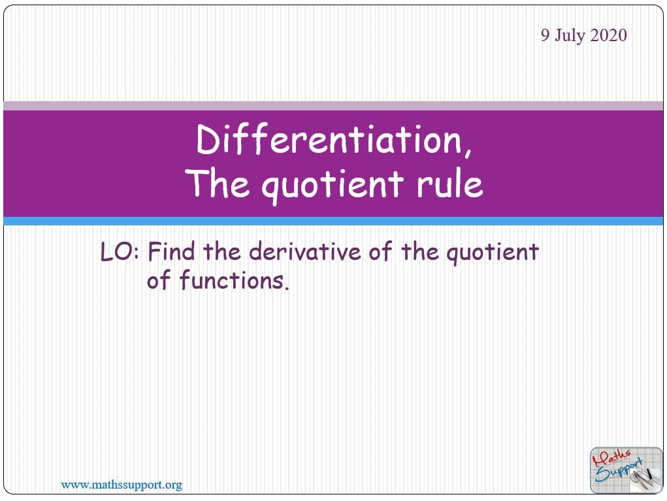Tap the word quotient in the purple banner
[333, 186]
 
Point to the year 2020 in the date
[608, 35]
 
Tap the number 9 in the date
[545, 35]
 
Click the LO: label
[120, 251]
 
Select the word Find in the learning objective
[172, 251]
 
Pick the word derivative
[304, 251]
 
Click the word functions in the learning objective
[231, 280]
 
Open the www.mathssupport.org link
[122, 485]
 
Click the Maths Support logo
[626, 470]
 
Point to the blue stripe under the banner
[333, 221]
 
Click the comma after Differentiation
[468, 152]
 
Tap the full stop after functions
[287, 288]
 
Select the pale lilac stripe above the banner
[333, 106]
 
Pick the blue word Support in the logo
[619, 471]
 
